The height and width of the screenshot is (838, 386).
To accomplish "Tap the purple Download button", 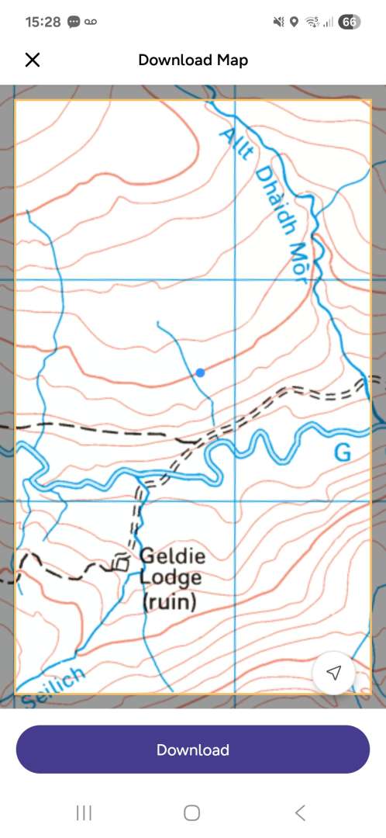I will (x=192, y=750).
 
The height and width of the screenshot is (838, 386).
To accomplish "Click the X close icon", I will (x=33, y=60).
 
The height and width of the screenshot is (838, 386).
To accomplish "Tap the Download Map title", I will (x=193, y=60).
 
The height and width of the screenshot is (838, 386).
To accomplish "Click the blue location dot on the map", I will (x=200, y=372).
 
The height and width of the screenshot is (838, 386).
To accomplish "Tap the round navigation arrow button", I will (x=333, y=673).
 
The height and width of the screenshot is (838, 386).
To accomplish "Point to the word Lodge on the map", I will (x=171, y=578).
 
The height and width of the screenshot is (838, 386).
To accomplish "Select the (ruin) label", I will (x=170, y=601).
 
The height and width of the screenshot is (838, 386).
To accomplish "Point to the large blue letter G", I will (x=342, y=452).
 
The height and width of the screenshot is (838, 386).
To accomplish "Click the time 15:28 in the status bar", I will (x=43, y=22).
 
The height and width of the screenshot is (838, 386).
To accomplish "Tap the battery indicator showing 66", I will (x=349, y=22).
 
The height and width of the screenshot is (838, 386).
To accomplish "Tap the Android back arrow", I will (x=300, y=812).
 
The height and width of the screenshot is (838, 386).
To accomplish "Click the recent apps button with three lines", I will (x=84, y=812).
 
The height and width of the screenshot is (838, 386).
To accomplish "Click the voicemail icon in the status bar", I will (x=92, y=22).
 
